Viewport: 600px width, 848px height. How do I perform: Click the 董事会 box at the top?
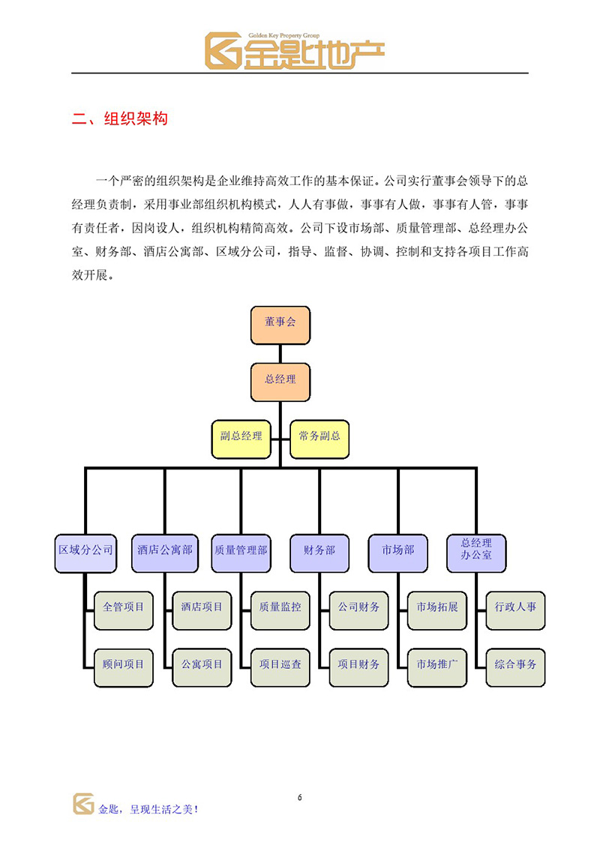280,325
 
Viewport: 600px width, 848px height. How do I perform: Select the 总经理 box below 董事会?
280,382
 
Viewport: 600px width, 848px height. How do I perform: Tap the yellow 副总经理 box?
241,439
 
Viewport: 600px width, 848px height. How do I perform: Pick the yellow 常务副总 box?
319,439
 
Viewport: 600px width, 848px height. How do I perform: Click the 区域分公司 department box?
85,553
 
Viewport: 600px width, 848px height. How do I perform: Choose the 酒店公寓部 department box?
164,553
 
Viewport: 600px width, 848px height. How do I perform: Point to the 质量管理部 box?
241,553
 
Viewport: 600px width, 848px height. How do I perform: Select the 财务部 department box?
319,553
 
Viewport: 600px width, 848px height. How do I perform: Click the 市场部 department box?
397,553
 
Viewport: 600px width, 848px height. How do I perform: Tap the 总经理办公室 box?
476,553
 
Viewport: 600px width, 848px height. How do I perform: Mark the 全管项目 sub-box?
123,610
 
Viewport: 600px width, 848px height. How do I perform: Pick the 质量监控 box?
280,610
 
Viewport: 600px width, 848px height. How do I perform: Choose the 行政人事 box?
515,610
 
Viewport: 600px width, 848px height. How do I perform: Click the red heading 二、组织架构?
119,118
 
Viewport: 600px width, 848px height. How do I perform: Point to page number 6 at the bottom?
300,797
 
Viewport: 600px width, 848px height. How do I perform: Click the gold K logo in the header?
223,51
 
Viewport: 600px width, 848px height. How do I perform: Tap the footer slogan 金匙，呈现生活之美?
148,809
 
